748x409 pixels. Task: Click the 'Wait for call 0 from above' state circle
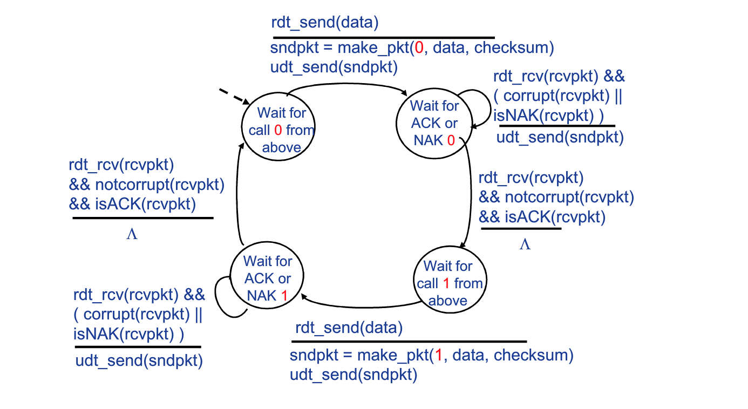click(278, 130)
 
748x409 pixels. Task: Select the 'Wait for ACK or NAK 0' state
click(434, 123)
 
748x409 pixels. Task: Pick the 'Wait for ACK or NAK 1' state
click(267, 278)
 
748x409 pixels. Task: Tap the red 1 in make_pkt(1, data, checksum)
click(438, 356)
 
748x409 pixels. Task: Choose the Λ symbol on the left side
click(131, 235)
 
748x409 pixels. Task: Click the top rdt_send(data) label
click(325, 23)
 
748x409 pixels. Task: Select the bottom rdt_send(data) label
click(349, 328)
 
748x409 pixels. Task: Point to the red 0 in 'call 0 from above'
click(278, 130)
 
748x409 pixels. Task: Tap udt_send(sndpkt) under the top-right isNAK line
click(560, 137)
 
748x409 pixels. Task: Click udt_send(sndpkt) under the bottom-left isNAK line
click(139, 360)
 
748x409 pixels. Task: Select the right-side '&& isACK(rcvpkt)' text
click(542, 217)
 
